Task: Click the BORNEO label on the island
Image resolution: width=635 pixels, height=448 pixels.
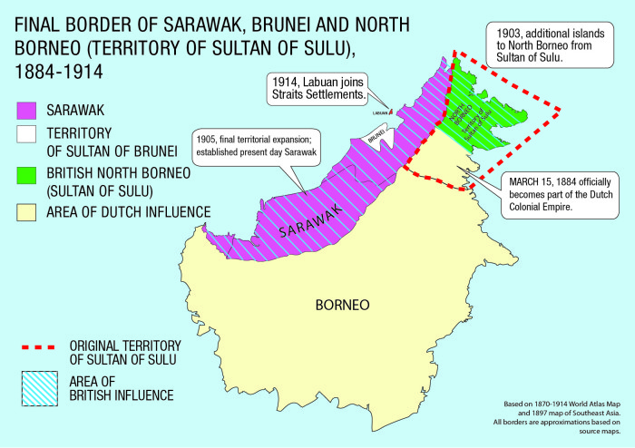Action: (x=342, y=305)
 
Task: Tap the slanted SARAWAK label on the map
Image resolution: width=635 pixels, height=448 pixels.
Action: (x=305, y=220)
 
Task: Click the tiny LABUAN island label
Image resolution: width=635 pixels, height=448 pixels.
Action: (x=380, y=113)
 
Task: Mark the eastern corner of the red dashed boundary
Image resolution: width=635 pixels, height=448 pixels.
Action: (x=561, y=110)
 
